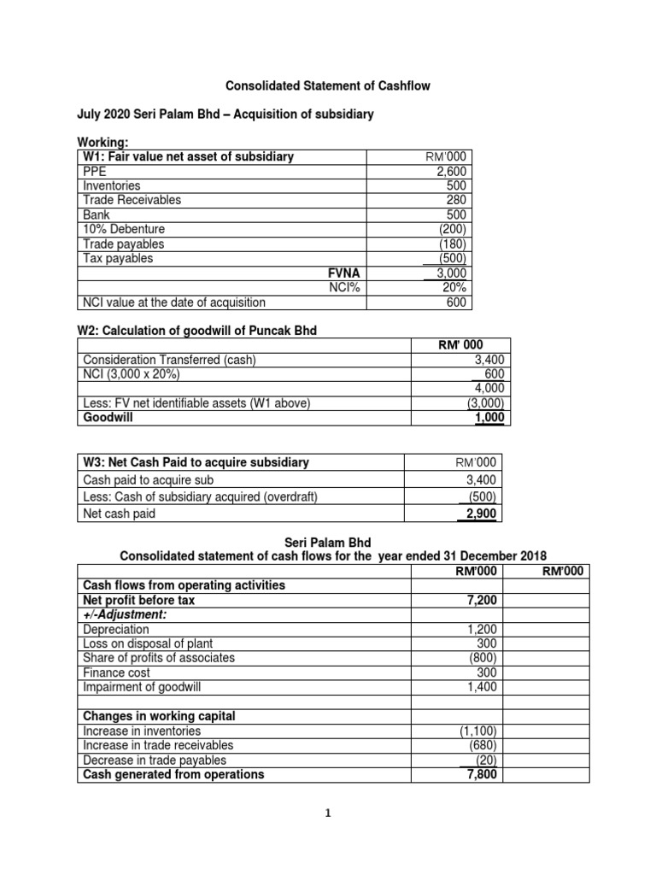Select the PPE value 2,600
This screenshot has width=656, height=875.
pos(451,171)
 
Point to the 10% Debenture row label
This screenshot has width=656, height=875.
pos(124,229)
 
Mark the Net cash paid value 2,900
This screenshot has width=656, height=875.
pos(479,514)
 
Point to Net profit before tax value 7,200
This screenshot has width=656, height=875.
pos(481,601)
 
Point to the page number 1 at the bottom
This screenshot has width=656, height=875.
pos(327,813)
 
